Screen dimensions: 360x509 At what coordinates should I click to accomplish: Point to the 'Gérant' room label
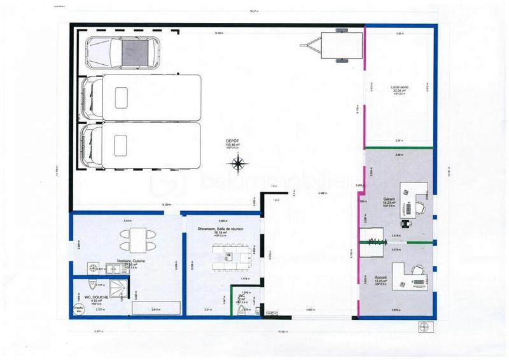point(389,199)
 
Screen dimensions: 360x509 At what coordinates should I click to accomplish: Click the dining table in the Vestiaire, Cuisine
point(136,240)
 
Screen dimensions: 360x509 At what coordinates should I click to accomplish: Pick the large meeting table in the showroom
point(230,261)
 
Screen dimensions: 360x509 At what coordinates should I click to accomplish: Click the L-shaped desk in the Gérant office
point(414,197)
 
